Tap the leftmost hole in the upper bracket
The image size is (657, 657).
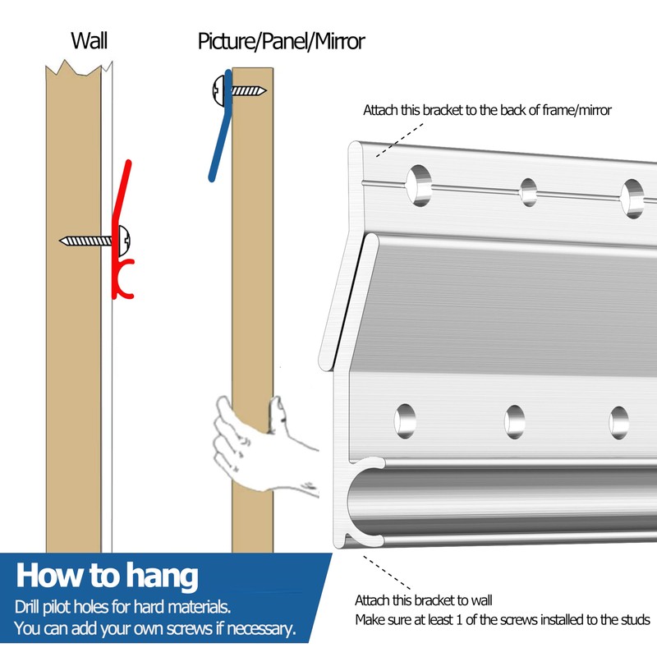pos(419,184)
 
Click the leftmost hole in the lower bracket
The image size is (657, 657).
pos(405,420)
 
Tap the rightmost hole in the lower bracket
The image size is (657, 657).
pos(618,422)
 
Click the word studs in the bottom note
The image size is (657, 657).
pos(633,620)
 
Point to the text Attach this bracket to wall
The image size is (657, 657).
pos(423,600)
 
